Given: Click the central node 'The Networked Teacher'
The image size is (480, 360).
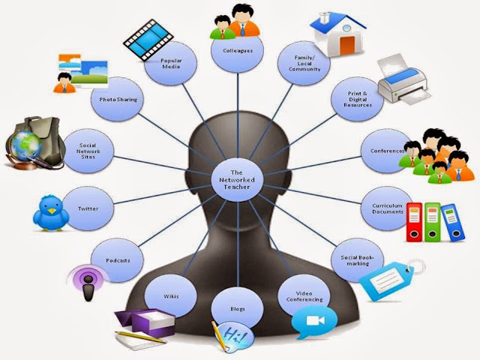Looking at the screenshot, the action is pyautogui.click(x=238, y=180).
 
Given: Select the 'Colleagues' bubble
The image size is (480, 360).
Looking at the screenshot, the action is pyautogui.click(x=238, y=50).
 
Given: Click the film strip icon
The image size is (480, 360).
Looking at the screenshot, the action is pyautogui.click(x=148, y=40).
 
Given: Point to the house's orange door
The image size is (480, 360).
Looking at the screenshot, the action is pyautogui.click(x=346, y=45).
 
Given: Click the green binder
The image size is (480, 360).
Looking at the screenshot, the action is pyautogui.click(x=433, y=222).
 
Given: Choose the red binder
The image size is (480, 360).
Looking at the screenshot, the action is pyautogui.click(x=414, y=222).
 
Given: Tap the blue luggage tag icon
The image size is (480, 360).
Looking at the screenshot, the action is pyautogui.click(x=390, y=279).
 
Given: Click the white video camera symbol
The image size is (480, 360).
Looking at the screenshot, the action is pyautogui.click(x=315, y=320).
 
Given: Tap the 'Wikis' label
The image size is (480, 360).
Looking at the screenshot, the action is pyautogui.click(x=171, y=296).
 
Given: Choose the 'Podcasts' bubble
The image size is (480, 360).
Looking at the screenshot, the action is pyautogui.click(x=118, y=260).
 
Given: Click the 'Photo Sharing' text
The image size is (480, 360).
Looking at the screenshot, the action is pyautogui.click(x=118, y=100).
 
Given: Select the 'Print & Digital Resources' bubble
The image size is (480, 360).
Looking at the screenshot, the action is pyautogui.click(x=357, y=99).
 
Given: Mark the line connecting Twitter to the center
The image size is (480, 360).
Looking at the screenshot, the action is pyautogui.click(x=163, y=194).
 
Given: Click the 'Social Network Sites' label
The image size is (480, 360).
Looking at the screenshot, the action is pyautogui.click(x=88, y=151).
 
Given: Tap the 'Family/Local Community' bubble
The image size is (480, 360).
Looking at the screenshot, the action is pyautogui.click(x=304, y=63).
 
